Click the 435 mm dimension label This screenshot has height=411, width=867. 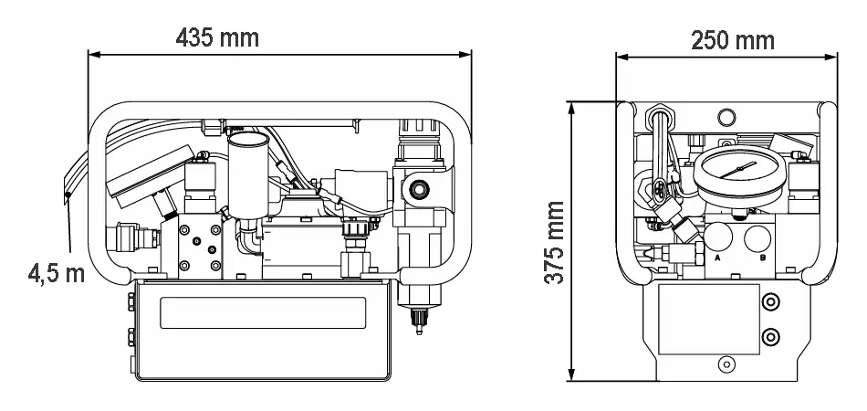pyautogui.click(x=217, y=37)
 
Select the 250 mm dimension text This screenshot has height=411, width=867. pyautogui.click(x=733, y=40)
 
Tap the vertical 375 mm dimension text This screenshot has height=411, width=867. pyautogui.click(x=554, y=242)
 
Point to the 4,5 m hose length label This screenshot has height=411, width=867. pyautogui.click(x=57, y=273)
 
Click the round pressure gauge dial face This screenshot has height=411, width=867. pyautogui.click(x=739, y=171)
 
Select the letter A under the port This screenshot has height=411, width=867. pyautogui.click(x=717, y=258)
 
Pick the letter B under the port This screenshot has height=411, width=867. pyautogui.click(x=763, y=258)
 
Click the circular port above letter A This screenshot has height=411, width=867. pyautogui.click(x=718, y=237)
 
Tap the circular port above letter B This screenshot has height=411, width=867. pyautogui.click(x=757, y=237)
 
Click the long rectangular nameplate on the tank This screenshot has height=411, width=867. pyautogui.click(x=263, y=312)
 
